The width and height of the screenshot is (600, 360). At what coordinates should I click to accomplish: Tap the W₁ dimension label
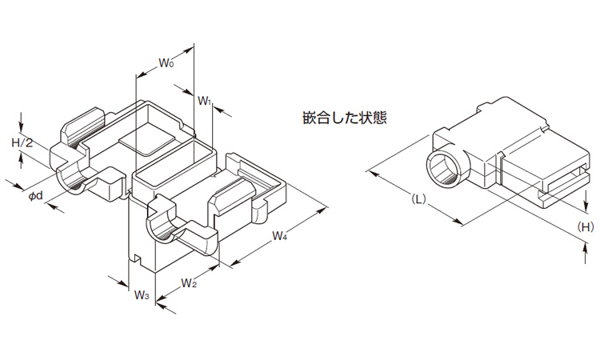[x=205, y=102]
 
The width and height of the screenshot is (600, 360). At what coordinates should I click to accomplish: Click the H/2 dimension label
[x=22, y=143]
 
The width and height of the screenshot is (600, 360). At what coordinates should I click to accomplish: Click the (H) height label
[x=586, y=227]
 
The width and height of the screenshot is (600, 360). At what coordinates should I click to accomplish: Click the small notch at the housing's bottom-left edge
[x=138, y=258]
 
